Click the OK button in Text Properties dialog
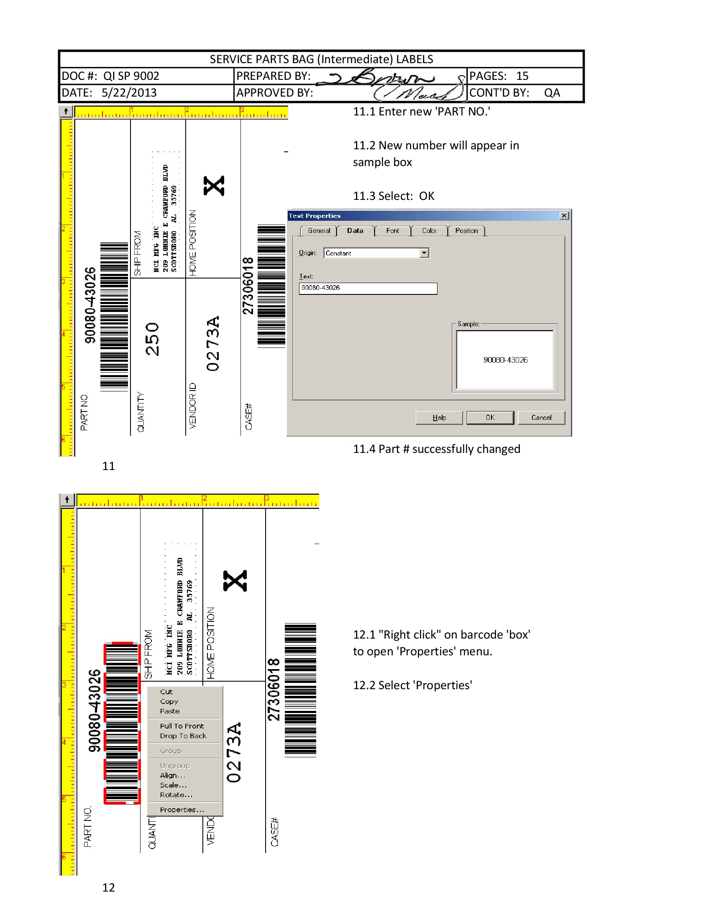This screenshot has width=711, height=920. pos(490,417)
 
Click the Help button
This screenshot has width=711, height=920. pos(439,417)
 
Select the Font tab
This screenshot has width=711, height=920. pos(392,231)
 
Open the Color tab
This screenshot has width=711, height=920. pos(429,231)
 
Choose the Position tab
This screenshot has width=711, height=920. pos(466,231)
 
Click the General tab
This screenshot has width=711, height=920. pos(319,231)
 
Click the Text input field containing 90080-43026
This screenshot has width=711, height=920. pos(368,288)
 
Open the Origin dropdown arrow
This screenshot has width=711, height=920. pos(424,253)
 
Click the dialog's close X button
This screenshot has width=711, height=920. pos(564,216)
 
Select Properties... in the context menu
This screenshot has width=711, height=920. pos(182,810)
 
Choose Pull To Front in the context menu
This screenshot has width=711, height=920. pos(182,726)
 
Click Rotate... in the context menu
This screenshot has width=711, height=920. pos(176,795)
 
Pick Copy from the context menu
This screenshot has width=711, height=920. pos(169,701)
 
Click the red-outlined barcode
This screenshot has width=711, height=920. pos(122,723)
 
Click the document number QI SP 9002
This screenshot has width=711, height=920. pos(131,76)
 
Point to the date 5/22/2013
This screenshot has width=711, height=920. pos(129,93)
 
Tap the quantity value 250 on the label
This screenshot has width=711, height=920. pos(152,339)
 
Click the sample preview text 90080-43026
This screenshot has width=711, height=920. pos(505,360)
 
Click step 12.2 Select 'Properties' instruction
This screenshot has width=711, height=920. pos(412,685)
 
